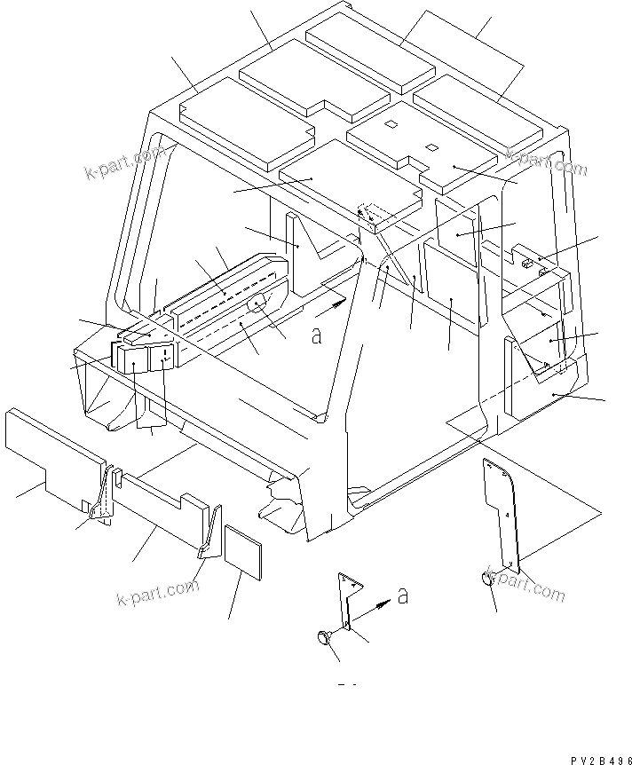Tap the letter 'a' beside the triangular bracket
[x=402, y=595]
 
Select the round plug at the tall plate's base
[x=488, y=579]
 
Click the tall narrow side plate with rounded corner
[x=502, y=510]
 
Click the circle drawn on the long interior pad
[x=257, y=304]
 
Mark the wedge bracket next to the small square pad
[x=209, y=534]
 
